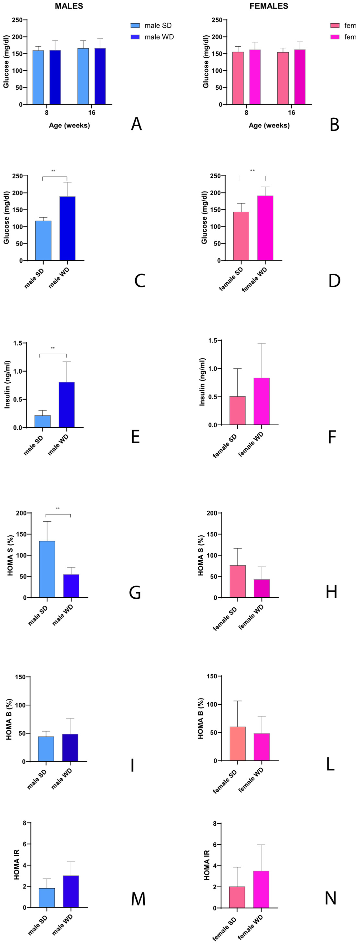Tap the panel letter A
[x=136, y=124]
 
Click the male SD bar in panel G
[x=47, y=569]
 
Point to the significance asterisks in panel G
[x=58, y=509]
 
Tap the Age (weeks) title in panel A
[x=69, y=125]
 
